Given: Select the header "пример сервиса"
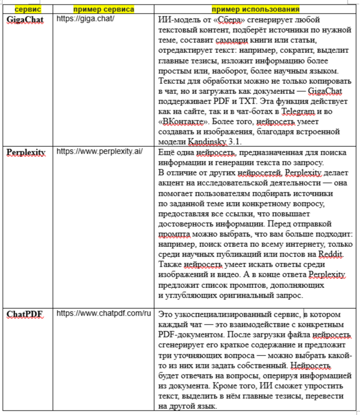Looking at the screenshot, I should (x=103, y=10).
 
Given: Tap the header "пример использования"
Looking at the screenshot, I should (x=255, y=10).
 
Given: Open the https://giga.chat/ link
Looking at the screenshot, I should (x=85, y=19).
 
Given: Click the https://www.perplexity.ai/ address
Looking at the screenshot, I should (x=100, y=152).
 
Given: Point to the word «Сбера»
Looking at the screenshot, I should (x=229, y=20).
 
